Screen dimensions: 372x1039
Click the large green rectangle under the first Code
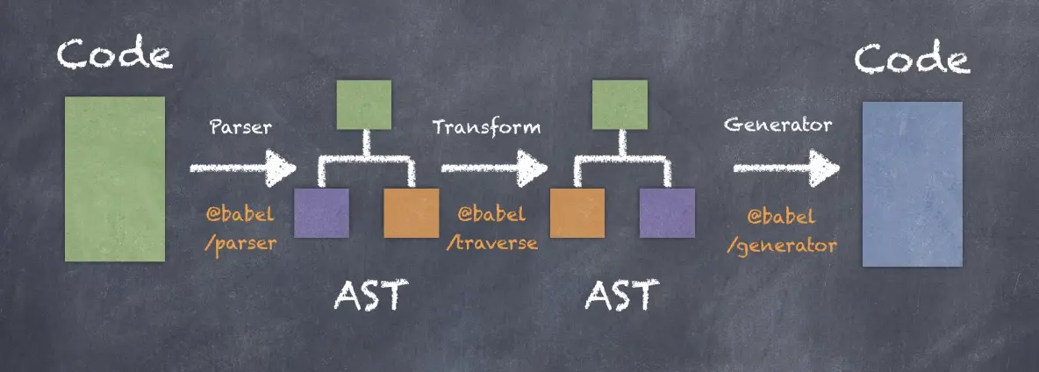114,178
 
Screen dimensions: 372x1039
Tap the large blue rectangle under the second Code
912,183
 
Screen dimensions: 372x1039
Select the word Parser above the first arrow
240,126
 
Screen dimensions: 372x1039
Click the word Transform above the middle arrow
486,126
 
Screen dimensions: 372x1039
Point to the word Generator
777,125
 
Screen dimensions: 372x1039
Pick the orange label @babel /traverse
491,228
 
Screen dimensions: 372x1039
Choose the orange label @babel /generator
781,230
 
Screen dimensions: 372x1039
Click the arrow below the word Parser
242,167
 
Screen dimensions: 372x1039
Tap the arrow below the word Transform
493,167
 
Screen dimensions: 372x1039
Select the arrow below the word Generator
785,167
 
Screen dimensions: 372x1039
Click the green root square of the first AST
364,104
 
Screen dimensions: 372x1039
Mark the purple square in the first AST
321,212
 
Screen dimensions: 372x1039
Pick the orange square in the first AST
411,212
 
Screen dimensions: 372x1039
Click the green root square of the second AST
620,104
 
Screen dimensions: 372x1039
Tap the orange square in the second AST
577,212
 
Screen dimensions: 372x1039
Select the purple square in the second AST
666,212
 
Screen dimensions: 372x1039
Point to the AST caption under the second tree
620,297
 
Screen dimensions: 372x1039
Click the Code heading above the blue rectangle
913,60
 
